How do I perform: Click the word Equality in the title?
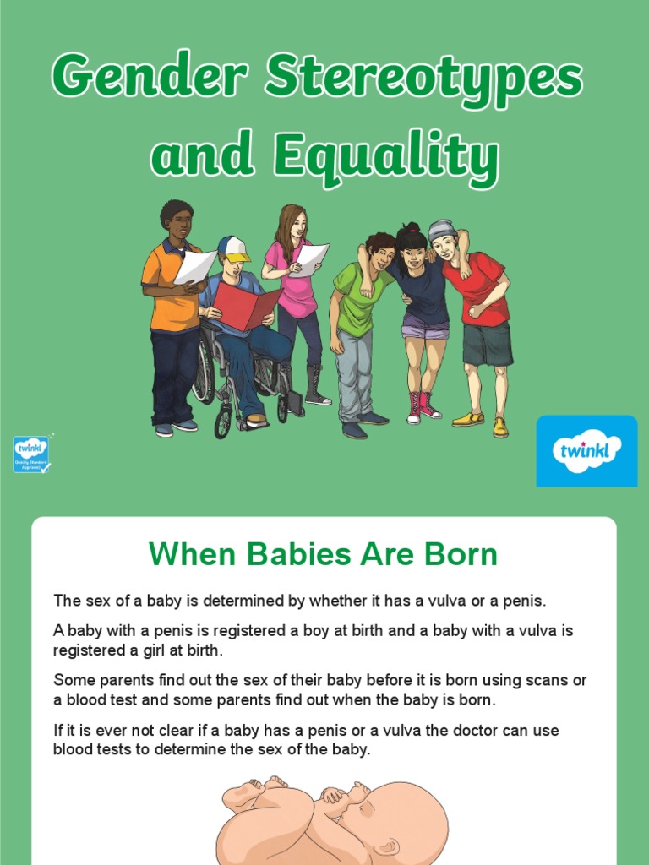385,158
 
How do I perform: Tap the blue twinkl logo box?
586,450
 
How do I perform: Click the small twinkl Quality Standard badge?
31,454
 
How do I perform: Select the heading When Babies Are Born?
323,555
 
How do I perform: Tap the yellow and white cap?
233,248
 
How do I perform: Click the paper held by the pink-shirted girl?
308,260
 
